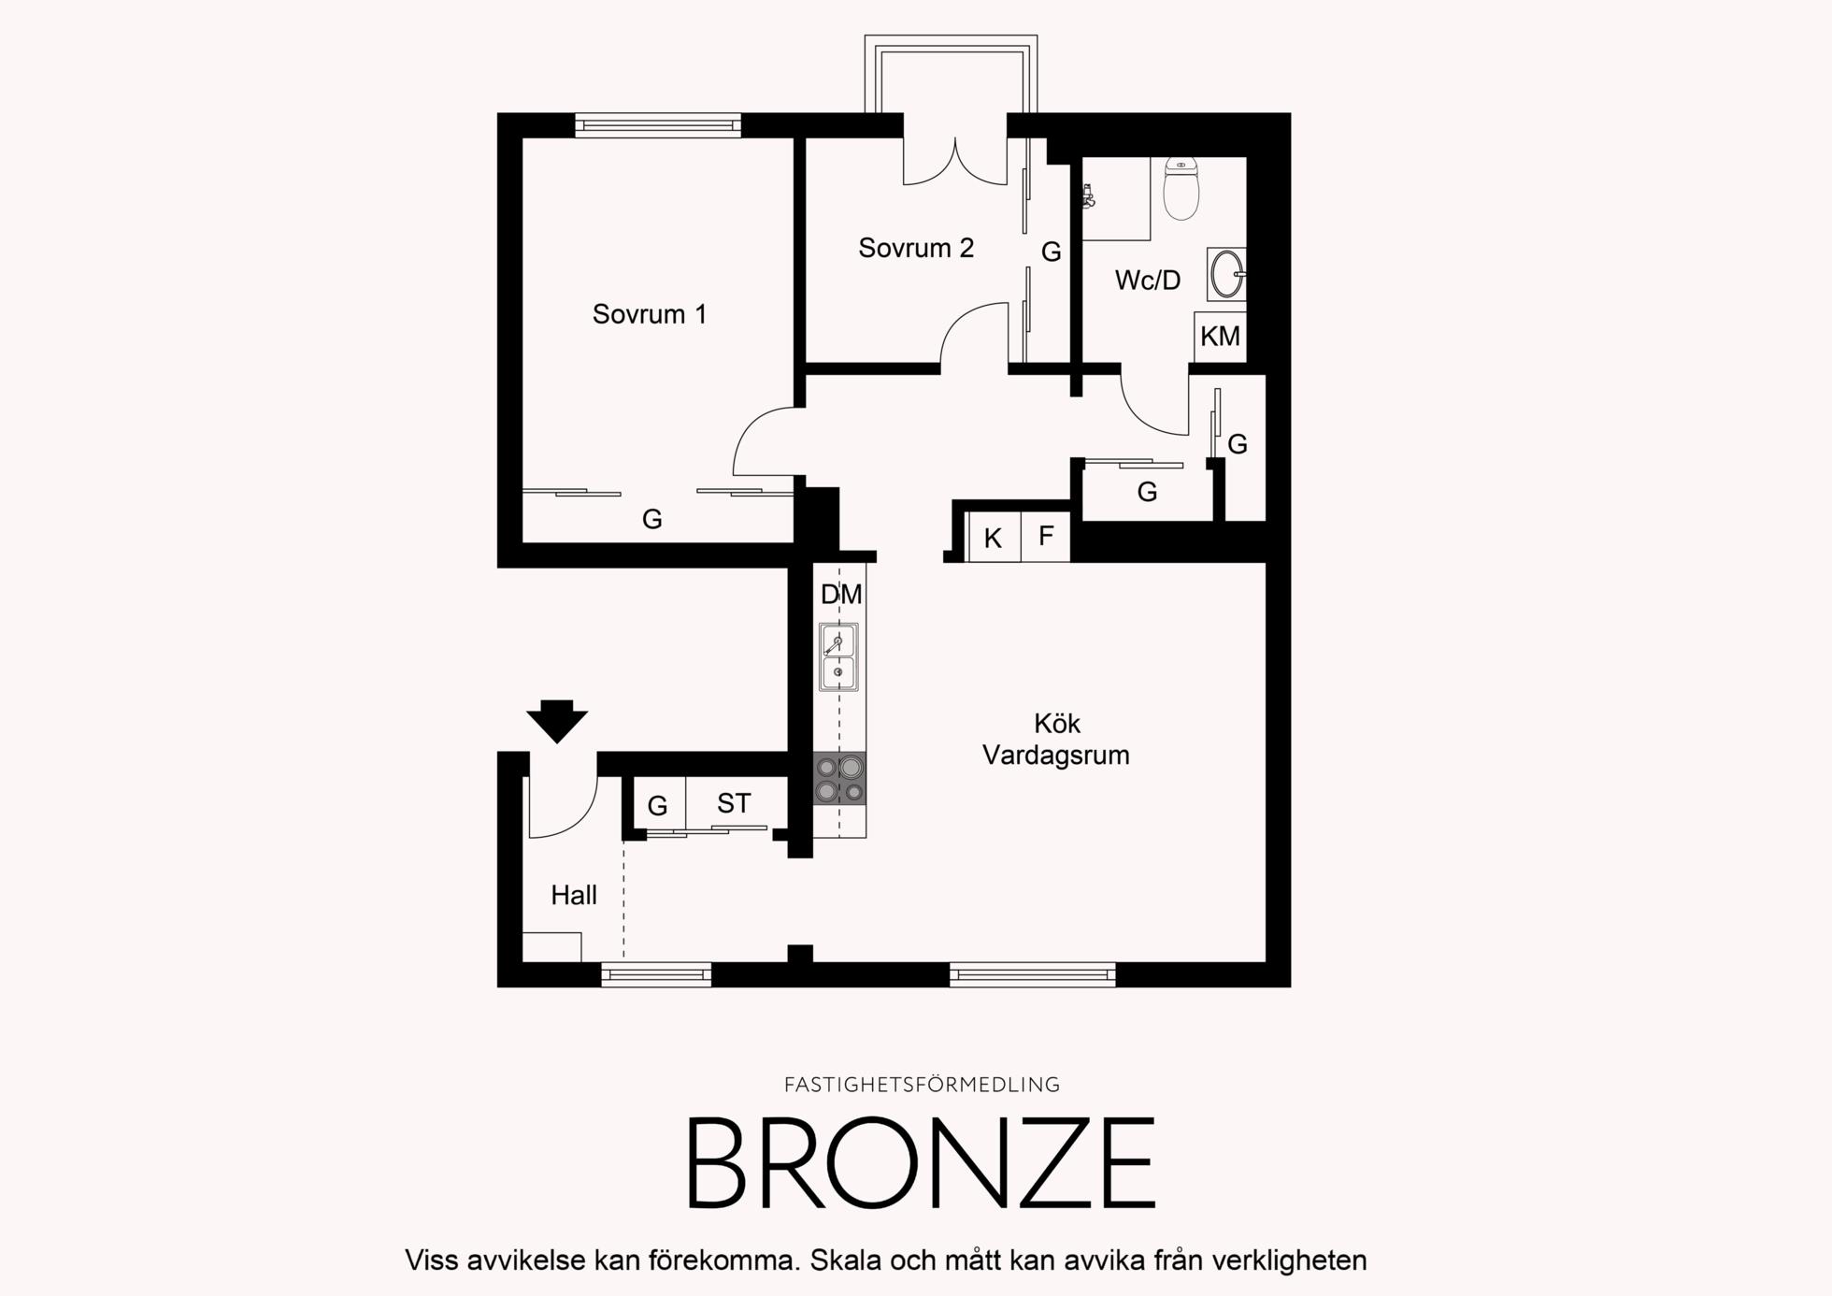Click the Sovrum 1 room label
[650, 314]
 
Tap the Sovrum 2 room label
[916, 248]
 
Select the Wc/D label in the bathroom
[1148, 280]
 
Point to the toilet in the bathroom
[1181, 190]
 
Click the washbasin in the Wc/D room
[1226, 274]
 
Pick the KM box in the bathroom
[1221, 337]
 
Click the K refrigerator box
[994, 538]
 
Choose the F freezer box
[1046, 537]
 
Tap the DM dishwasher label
[841, 595]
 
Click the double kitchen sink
[838, 656]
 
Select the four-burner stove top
[839, 779]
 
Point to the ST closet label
[734, 803]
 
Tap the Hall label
[574, 896]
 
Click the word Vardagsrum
[1056, 756]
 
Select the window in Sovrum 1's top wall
[658, 125]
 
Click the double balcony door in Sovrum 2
[955, 161]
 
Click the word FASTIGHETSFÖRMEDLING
[923, 1085]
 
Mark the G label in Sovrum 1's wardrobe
[652, 519]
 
